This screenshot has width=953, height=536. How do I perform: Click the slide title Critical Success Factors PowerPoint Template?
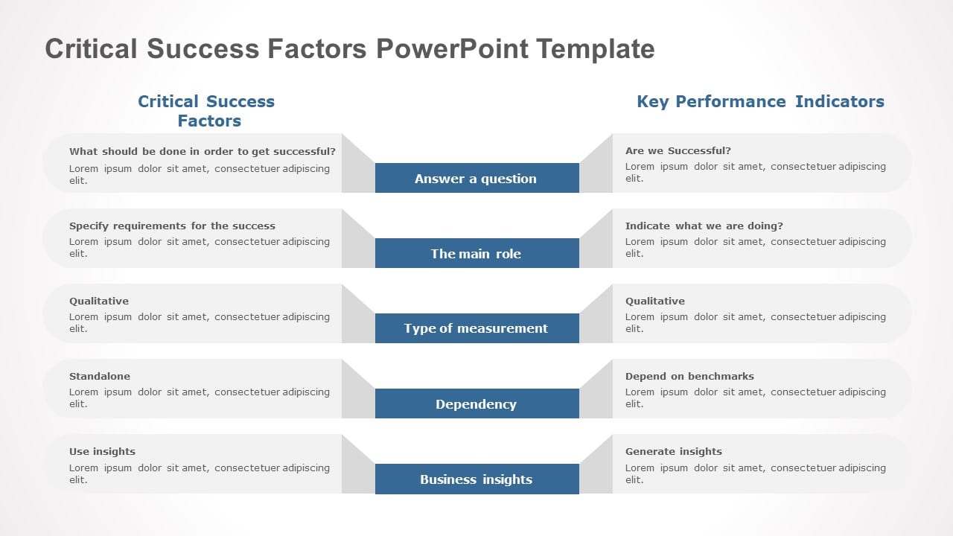point(350,49)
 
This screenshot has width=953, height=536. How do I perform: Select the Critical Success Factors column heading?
point(207,111)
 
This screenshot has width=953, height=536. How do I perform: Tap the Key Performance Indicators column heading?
point(760,101)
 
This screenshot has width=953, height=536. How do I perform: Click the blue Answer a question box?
point(476,179)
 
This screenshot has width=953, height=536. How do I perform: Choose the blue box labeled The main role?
point(476,254)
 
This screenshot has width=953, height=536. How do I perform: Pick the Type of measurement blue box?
point(476,328)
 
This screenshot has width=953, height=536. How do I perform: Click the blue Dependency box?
point(476,404)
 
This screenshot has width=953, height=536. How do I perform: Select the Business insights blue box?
point(476,479)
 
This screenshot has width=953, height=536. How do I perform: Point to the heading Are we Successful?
point(678,150)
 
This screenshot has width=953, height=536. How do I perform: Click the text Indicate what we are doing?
point(704,226)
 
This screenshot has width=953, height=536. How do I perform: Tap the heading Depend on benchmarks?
point(689,376)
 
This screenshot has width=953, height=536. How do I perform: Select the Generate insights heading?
point(673,451)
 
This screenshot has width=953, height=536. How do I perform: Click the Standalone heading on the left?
point(100,376)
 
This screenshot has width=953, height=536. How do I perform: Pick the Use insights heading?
point(102,451)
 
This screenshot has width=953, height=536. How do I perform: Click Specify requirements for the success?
point(172,226)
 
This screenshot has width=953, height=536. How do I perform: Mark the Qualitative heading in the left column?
point(99,301)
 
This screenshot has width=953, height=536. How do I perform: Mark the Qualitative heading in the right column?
point(655,301)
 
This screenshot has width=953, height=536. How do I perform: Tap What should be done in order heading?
point(202,151)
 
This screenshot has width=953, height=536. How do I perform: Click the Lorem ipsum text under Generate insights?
point(755,473)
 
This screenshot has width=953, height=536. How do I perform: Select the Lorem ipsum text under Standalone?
point(199,398)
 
